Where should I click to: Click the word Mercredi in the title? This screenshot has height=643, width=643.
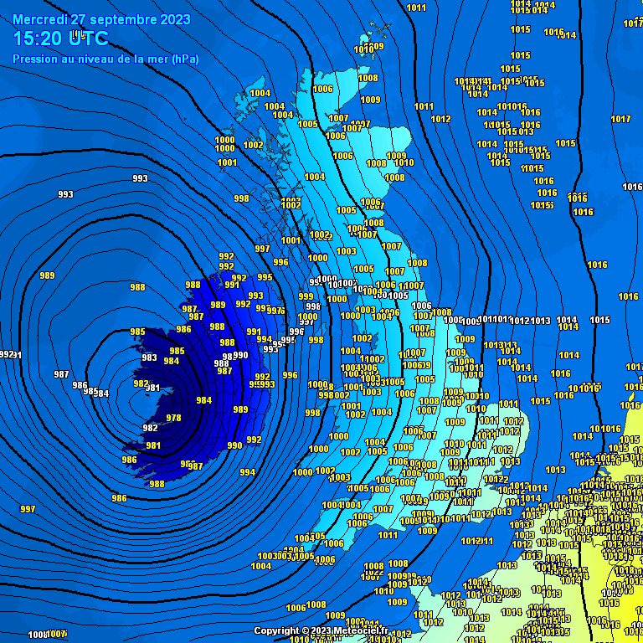(40, 19)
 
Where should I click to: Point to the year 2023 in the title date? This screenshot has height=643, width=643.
(174, 19)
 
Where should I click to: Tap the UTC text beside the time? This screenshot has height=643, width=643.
(88, 39)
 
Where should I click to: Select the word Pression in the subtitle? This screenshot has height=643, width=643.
(34, 59)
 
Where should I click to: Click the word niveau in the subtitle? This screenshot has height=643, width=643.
(90, 59)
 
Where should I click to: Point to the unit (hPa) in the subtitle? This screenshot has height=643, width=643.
(184, 59)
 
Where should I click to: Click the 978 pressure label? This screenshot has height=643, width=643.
(174, 418)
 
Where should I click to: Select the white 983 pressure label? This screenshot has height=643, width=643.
(150, 358)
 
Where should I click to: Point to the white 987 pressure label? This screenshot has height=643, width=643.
(61, 373)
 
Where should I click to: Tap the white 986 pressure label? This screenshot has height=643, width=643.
(80, 385)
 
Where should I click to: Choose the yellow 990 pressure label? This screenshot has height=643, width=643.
(234, 445)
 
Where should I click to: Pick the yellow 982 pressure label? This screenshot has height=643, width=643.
(151, 428)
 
